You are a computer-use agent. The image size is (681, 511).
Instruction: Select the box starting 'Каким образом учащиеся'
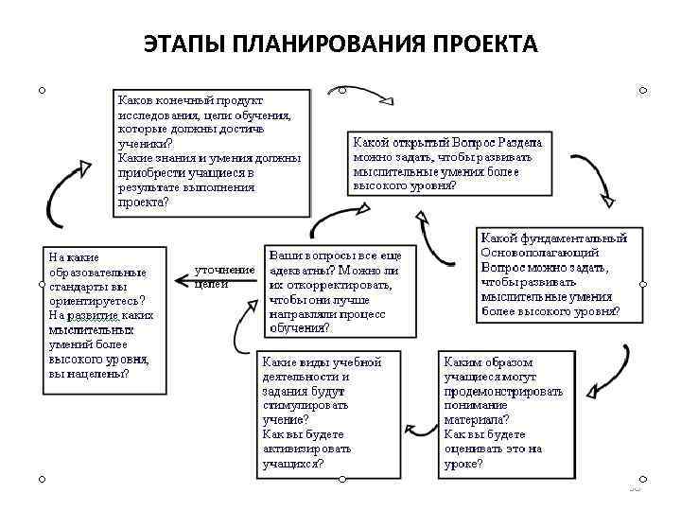[506, 414]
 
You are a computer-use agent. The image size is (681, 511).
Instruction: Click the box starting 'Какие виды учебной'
[327, 414]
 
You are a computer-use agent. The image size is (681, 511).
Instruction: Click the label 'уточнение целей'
[224, 276]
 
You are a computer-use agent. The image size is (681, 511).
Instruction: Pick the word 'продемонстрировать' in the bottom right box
[503, 390]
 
